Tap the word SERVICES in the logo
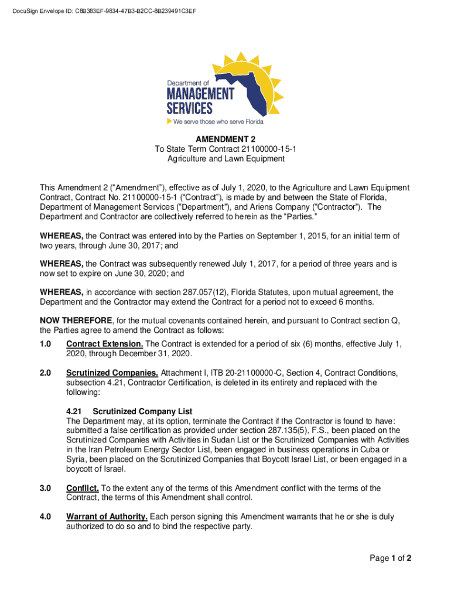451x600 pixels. [x=189, y=108]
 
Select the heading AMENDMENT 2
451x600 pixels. [x=225, y=139]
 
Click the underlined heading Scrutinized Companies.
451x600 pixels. [x=112, y=373]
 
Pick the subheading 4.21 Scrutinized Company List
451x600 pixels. [x=129, y=411]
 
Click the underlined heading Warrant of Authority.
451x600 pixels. [x=107, y=517]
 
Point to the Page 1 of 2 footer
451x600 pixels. [x=390, y=558]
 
